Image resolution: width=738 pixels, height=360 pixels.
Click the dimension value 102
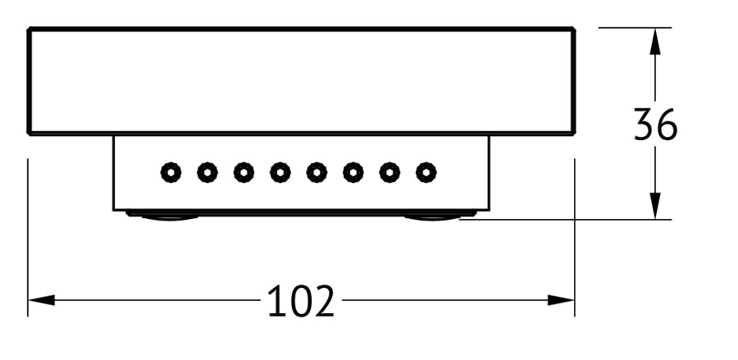(301, 300)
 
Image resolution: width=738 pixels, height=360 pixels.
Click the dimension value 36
(655, 124)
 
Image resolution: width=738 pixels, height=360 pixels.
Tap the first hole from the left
(171, 173)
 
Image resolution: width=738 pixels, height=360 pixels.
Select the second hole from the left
(207, 173)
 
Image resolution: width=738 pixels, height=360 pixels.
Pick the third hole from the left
(244, 173)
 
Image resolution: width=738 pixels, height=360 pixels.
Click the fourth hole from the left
(280, 173)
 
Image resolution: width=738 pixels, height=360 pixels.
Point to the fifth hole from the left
(317, 173)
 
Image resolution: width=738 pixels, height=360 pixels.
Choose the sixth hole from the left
(353, 173)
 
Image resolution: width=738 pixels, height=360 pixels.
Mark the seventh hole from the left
(389, 173)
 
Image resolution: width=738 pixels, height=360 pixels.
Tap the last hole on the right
(426, 173)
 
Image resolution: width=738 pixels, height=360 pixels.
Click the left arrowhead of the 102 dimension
(42, 300)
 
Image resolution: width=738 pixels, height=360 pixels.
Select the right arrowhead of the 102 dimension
(561, 300)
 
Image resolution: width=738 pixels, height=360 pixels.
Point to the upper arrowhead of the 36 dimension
(654, 41)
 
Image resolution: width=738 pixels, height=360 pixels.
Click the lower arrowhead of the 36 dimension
(654, 206)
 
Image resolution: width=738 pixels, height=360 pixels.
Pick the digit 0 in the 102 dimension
(301, 300)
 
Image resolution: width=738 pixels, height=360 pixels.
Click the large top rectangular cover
(301, 81)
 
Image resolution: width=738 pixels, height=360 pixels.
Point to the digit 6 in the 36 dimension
(667, 124)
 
